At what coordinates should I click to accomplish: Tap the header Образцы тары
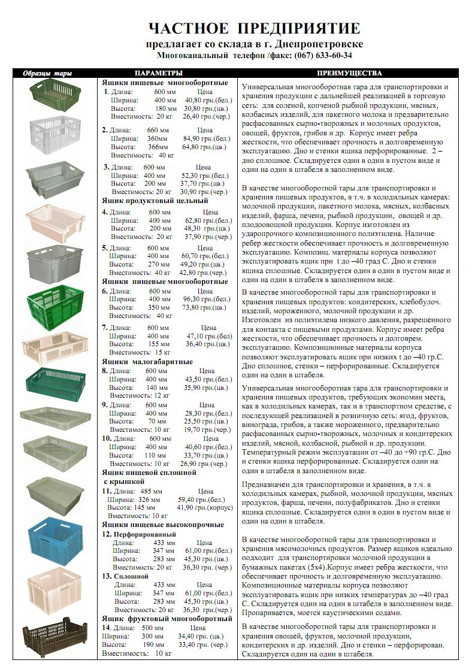click(47, 74)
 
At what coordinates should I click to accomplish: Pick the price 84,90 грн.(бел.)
click(199, 138)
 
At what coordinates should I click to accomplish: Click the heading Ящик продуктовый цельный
click(155, 201)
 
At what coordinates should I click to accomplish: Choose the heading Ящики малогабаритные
click(147, 362)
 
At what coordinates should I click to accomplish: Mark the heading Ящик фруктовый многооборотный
click(167, 618)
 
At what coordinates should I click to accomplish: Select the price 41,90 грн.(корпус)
click(204, 507)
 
